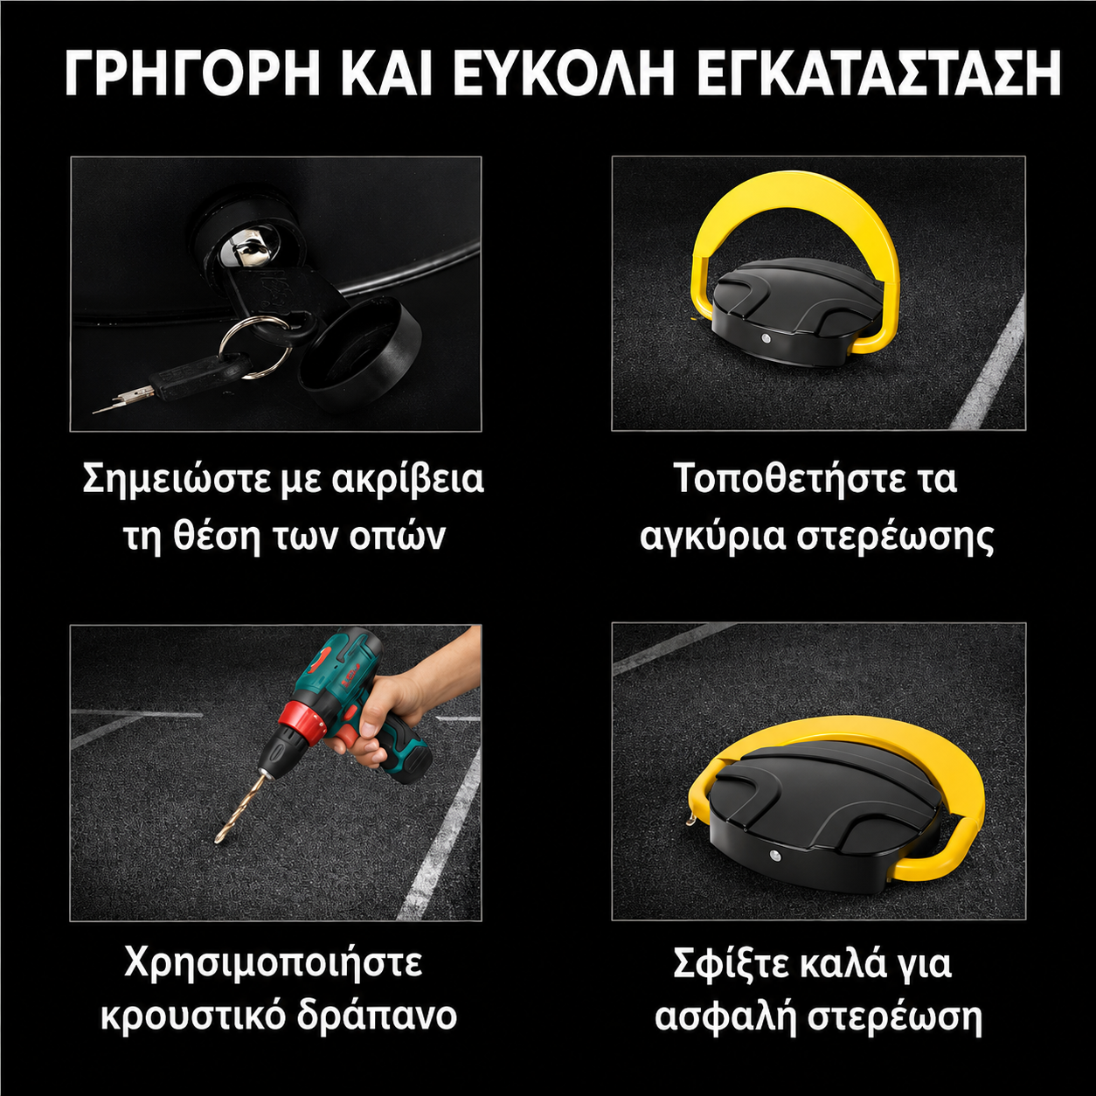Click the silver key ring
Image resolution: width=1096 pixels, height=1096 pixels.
pos(255,348)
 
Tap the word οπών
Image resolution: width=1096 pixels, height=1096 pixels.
pos(397,538)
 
